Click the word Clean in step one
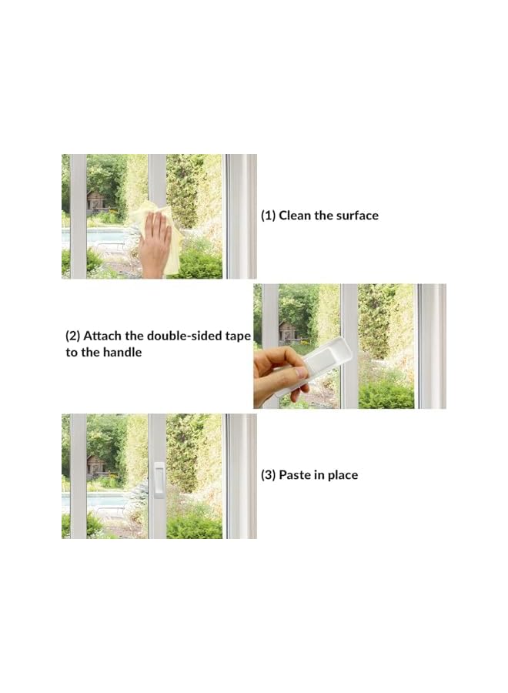tap(295, 216)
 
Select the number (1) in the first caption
tap(268, 216)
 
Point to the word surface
tap(356, 216)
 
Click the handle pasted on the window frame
tap(159, 480)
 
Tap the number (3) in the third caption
tap(268, 475)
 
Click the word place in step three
tap(342, 475)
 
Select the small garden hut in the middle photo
tap(289, 332)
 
